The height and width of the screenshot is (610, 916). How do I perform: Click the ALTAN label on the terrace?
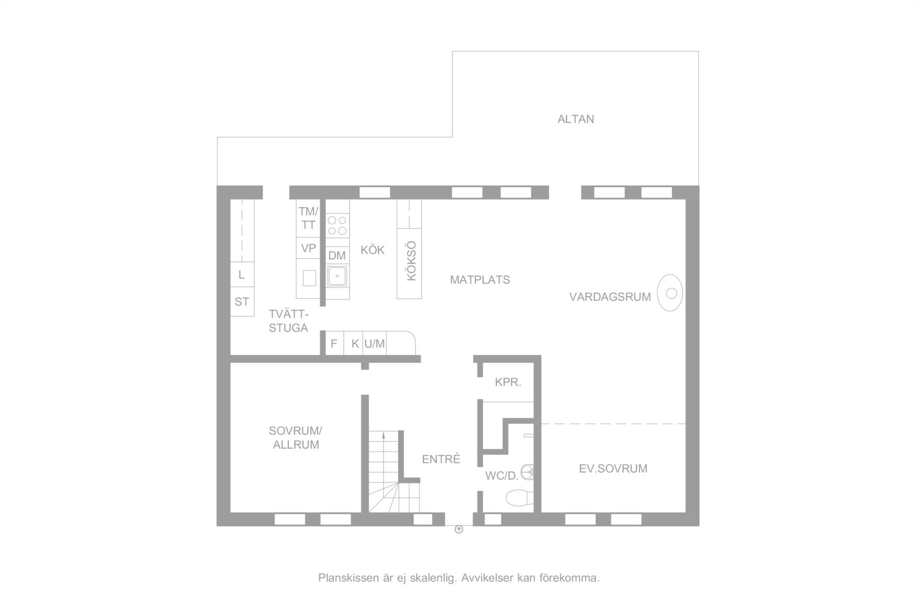[576, 119]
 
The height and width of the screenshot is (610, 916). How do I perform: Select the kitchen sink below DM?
[337, 276]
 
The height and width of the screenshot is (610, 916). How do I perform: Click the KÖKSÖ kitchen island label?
[412, 261]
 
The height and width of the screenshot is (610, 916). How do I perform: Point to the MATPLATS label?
[480, 280]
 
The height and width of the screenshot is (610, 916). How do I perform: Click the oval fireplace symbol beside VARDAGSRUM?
[670, 293]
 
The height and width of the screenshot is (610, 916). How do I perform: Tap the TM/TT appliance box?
[308, 218]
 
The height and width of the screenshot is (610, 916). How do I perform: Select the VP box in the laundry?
[308, 248]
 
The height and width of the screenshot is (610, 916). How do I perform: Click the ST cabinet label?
[242, 302]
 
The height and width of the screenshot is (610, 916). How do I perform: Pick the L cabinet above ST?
[242, 274]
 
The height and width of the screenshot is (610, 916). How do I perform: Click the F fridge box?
[334, 344]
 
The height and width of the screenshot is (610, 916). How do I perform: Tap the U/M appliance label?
[375, 344]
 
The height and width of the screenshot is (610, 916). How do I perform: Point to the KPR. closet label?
[508, 382]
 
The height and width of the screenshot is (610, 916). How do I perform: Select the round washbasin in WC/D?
[529, 473]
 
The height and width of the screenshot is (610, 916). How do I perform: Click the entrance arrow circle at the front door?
[459, 530]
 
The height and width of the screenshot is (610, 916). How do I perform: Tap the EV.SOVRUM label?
[613, 469]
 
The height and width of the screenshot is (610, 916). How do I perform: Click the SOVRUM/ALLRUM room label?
[296, 438]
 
